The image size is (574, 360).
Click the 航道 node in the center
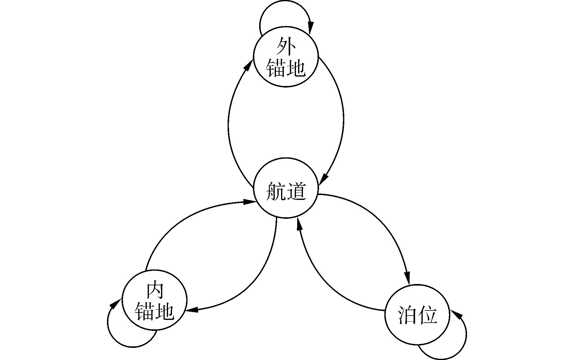286,188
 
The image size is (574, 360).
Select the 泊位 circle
417,315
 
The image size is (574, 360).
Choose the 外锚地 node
286,57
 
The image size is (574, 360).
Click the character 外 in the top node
286,46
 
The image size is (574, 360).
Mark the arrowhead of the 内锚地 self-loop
114,304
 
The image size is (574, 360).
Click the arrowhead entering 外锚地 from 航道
249,65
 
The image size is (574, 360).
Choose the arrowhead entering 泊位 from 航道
407,278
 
